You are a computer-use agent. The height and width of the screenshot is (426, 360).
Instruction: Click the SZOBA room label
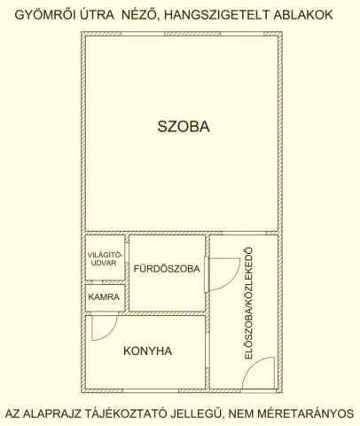[x=184, y=127]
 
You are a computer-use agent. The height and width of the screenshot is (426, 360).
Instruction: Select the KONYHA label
[x=148, y=351]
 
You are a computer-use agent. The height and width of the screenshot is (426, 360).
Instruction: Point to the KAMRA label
[x=104, y=296]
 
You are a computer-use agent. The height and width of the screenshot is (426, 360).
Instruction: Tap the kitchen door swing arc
[x=101, y=329]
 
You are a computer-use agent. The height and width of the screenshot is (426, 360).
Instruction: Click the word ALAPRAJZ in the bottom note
[x=59, y=413]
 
